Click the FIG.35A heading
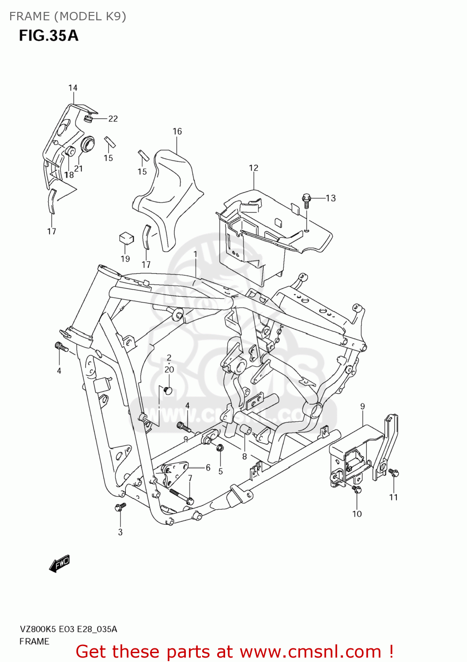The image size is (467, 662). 49,35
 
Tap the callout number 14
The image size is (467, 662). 73,88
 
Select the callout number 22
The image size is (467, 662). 113,119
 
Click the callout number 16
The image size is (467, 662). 177,131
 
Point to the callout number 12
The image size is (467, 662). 253,168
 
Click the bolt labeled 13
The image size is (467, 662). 307,199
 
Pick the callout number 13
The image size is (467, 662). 331,198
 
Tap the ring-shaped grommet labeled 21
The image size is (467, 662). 87,144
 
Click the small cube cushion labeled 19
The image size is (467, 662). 126,238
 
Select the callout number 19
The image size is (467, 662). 125,259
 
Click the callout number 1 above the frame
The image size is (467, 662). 195,254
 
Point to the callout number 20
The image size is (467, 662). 169,369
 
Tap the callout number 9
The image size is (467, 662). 362,406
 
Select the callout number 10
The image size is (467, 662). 357,514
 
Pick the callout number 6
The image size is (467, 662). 208,468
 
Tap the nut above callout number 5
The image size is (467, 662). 220,448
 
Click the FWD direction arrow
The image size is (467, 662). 60,564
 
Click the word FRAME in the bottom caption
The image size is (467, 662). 34,641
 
